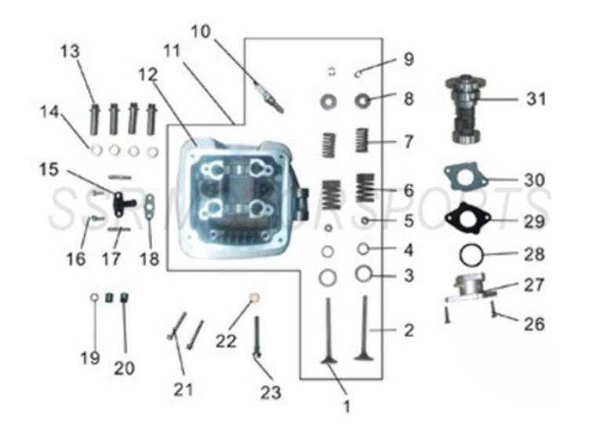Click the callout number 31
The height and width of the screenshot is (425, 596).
536,100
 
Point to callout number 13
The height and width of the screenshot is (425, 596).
70,52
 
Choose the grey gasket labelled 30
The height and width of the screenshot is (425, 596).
465,176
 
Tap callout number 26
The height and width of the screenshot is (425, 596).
534,324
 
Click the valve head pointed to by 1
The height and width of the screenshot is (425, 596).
329,358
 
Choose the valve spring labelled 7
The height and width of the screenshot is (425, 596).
362,141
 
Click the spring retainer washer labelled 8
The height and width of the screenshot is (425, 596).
362,100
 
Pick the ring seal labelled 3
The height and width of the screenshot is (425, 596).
363,274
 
